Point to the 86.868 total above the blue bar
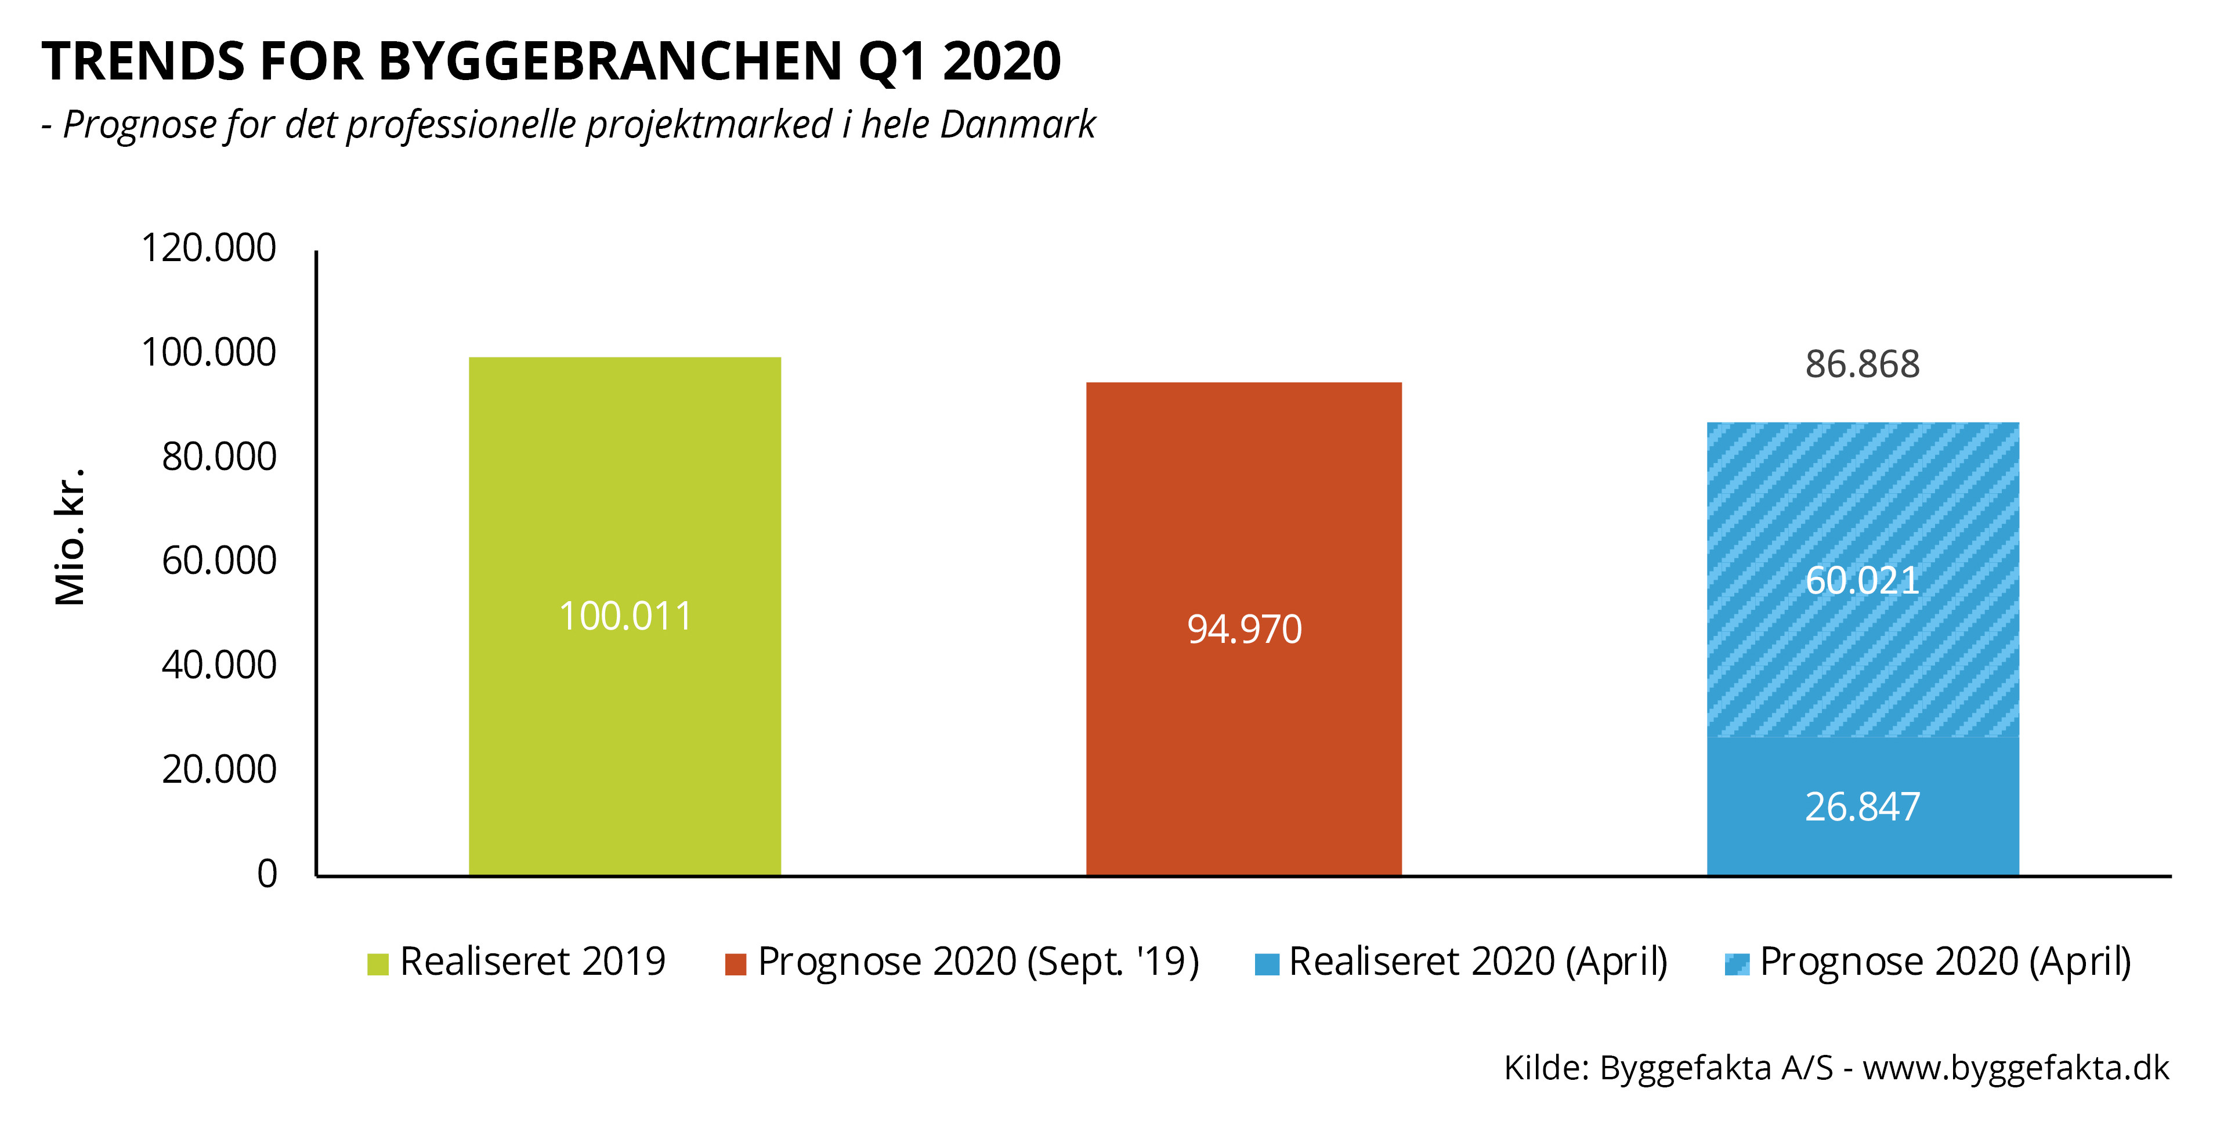pos(1863,364)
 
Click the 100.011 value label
pos(624,616)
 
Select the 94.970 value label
pos(1244,629)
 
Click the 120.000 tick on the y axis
pos(209,248)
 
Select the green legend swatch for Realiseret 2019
pos(378,964)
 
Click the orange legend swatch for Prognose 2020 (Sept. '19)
pos(735,964)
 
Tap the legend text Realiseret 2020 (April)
pos(1478,961)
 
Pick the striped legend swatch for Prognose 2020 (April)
pos(1736,964)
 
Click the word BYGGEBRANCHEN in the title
pos(610,62)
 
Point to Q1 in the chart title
pos(894,62)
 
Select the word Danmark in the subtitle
pos(1017,125)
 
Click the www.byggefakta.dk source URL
pos(2015,1068)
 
